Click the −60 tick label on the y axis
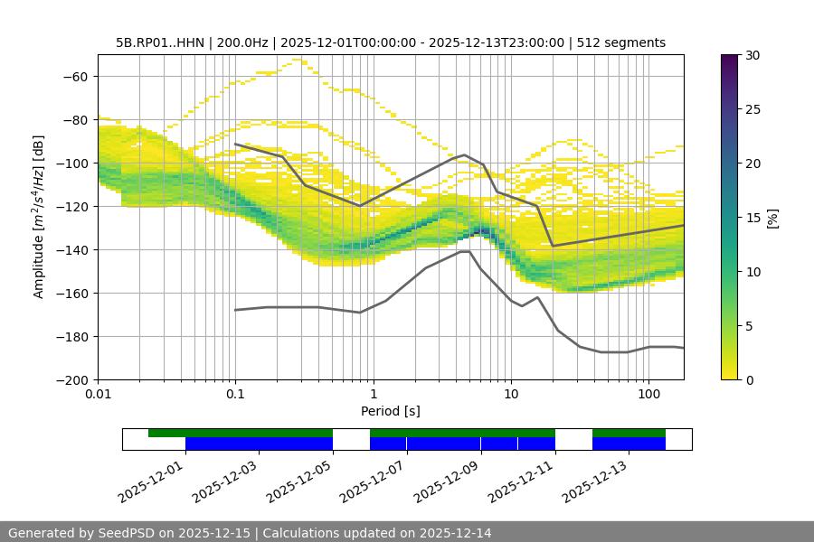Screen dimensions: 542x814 [73, 76]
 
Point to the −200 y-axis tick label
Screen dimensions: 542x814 [71, 379]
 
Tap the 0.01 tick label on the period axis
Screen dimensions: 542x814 [98, 394]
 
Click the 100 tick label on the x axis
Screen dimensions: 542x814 [648, 394]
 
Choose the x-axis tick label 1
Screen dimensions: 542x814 [374, 394]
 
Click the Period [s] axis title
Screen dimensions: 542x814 [390, 411]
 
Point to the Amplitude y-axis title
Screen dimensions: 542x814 [38, 217]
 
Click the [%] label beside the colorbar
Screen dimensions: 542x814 [771, 218]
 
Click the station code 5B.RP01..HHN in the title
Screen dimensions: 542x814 [161, 42]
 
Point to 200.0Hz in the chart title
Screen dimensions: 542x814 [241, 42]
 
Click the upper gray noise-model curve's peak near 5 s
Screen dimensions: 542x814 [465, 154]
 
